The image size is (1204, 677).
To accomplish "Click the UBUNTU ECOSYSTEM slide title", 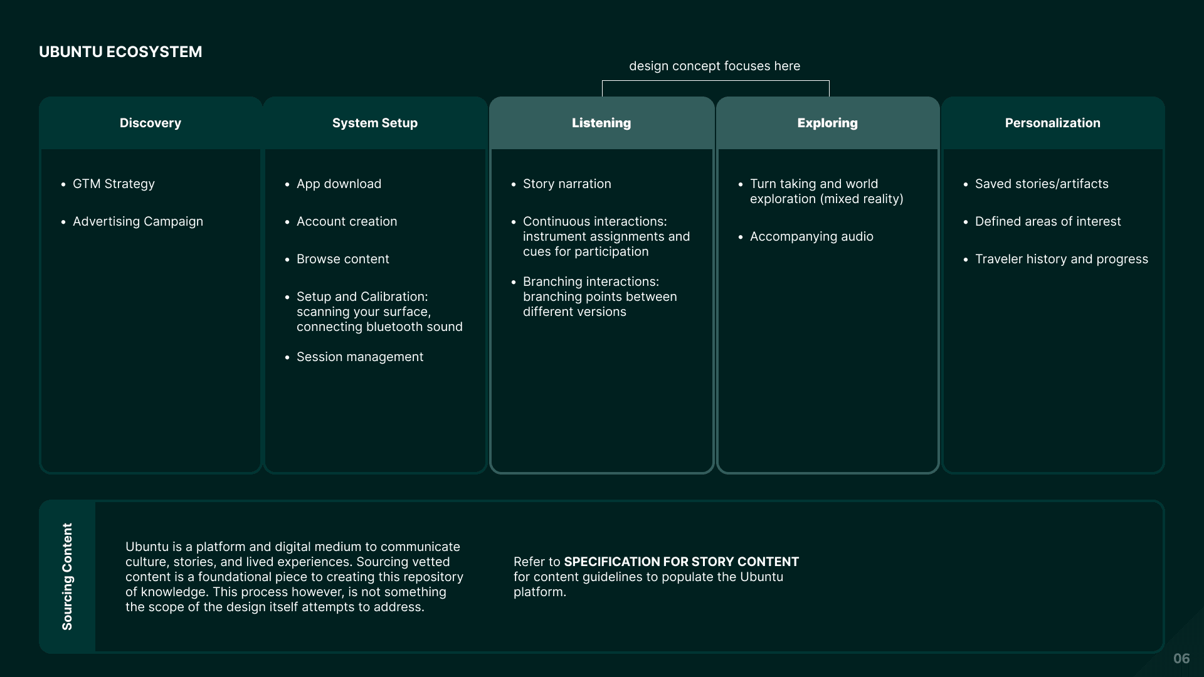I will (120, 52).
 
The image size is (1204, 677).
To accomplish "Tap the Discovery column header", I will (150, 123).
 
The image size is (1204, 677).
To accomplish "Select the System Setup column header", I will (375, 123).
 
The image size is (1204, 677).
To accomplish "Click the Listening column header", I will (601, 123).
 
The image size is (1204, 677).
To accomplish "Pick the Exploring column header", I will (827, 123).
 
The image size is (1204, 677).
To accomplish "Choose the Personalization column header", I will (1052, 123).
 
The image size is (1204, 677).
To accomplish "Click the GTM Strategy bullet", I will (114, 184).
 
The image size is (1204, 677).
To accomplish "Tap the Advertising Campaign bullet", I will (138, 222).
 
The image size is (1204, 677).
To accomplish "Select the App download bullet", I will (339, 184).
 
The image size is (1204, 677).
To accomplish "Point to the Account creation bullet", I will (347, 222).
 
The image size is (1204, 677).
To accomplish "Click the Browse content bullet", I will (342, 260).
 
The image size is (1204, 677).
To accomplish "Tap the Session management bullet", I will (360, 357).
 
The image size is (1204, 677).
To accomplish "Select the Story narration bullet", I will (567, 184).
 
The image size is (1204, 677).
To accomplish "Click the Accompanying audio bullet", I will (811, 237).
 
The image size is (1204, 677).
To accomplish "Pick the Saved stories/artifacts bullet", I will (1042, 184).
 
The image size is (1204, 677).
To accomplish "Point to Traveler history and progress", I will (1062, 260).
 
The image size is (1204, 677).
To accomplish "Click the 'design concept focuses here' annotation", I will (714, 66).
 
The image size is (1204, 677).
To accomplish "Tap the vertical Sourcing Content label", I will (67, 577).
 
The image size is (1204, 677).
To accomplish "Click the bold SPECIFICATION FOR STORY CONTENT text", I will (681, 562).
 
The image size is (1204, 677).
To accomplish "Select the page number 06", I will (1181, 659).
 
